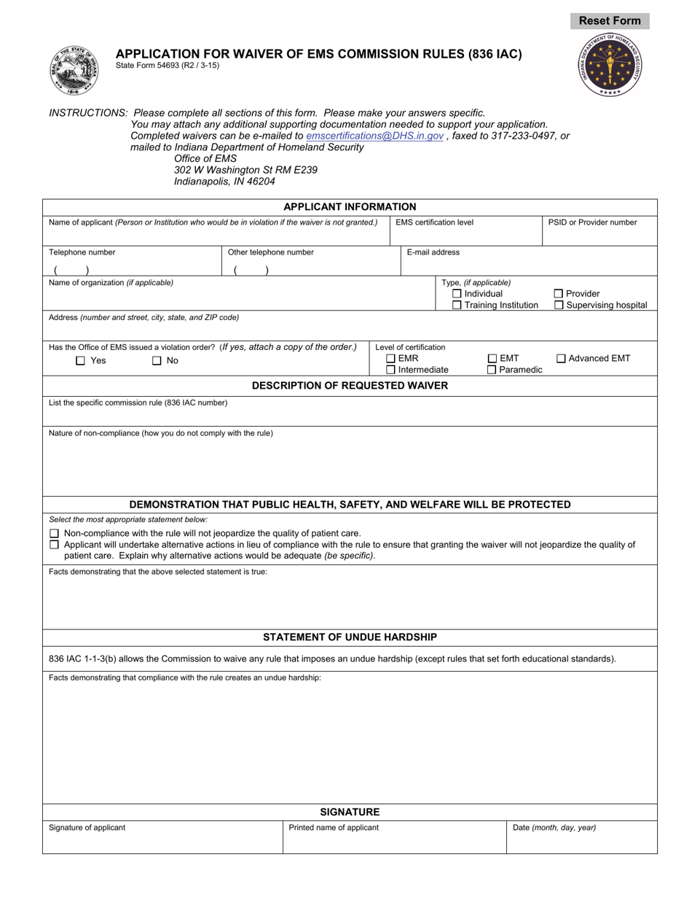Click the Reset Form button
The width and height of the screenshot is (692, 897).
click(x=610, y=21)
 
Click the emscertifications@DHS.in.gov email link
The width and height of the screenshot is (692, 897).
click(x=374, y=136)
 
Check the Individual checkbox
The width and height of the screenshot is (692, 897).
click(x=457, y=294)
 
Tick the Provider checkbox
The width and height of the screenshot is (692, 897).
click(x=559, y=294)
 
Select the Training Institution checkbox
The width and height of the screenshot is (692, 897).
click(x=457, y=306)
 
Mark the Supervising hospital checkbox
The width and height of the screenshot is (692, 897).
click(x=559, y=306)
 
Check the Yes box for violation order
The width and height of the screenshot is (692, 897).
click(x=81, y=361)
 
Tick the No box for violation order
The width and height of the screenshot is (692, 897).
click(x=157, y=361)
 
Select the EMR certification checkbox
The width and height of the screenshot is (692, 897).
click(x=390, y=358)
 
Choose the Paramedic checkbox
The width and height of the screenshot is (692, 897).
click(x=492, y=370)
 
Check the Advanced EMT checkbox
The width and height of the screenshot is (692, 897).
click(x=561, y=358)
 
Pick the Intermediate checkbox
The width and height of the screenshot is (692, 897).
click(x=390, y=370)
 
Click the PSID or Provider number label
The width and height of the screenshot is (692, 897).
click(x=593, y=222)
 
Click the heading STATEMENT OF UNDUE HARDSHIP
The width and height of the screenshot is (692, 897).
click(x=350, y=637)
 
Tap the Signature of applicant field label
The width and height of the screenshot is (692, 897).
click(x=87, y=828)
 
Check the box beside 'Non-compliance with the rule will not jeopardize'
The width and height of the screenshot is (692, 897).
click(x=54, y=533)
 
